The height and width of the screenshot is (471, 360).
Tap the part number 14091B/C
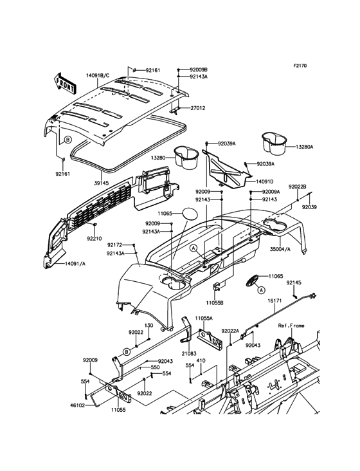click(x=98, y=75)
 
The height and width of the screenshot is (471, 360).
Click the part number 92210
click(x=94, y=237)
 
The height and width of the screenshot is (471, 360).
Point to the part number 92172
click(x=115, y=245)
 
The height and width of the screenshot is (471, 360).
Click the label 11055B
click(x=215, y=302)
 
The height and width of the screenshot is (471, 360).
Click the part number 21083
click(x=188, y=354)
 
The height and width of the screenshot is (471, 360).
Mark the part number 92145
click(x=294, y=282)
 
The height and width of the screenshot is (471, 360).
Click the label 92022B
click(x=297, y=187)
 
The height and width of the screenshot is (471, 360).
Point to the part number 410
click(x=201, y=361)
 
